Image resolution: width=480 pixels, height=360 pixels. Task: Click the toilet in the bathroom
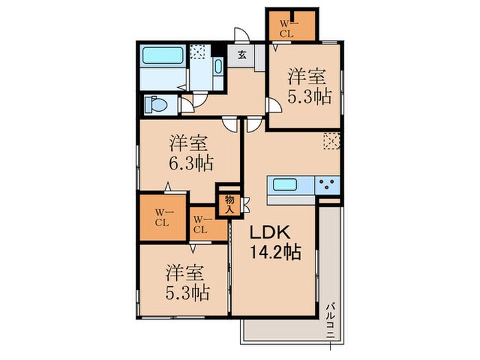(x=155, y=105)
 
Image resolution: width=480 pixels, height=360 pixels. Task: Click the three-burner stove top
(x=327, y=184)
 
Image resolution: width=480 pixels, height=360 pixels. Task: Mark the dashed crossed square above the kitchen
(x=331, y=141)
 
